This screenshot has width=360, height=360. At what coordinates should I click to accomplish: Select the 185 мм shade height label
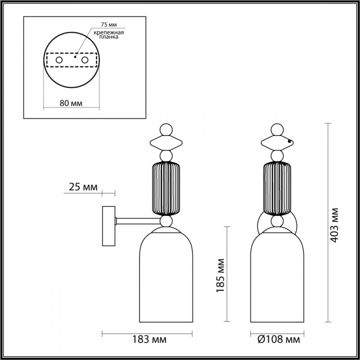[220, 275]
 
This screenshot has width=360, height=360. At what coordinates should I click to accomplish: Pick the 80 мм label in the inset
[71, 103]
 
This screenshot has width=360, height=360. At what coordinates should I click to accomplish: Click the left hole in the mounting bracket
[59, 60]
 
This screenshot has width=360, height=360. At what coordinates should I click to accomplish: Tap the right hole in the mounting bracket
[84, 60]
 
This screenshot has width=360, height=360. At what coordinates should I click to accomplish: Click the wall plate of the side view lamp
[108, 225]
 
